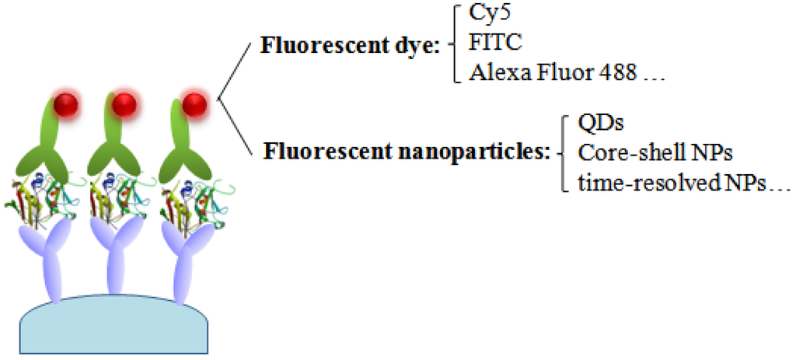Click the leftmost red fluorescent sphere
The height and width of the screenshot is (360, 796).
pos(65,106)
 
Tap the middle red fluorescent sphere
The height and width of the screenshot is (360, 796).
pos(123,105)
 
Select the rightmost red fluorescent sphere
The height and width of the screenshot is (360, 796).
pos(193,105)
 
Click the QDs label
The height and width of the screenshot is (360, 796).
pos(596,122)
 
